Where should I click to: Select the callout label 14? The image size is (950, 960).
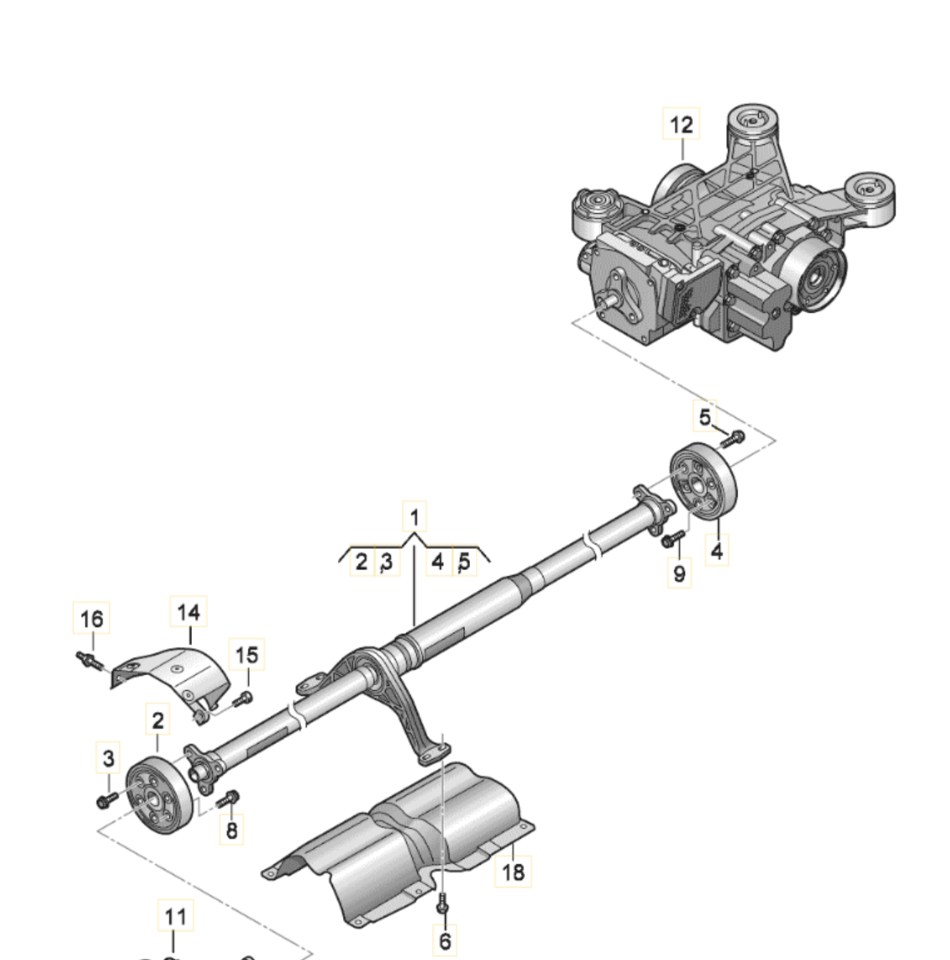point(189,611)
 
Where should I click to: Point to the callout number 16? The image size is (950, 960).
point(92,618)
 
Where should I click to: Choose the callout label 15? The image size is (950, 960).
point(246,654)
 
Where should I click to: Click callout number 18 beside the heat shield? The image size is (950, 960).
point(513,872)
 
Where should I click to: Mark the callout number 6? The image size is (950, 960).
point(445,940)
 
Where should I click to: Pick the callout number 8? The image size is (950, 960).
point(231,830)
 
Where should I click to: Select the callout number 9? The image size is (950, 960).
point(680,573)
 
